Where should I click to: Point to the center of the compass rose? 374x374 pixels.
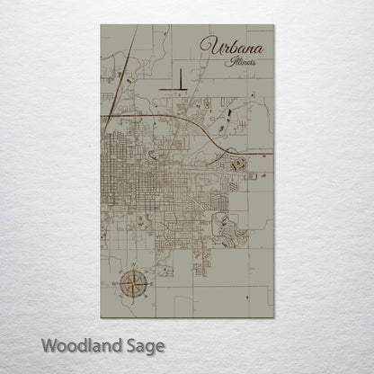tap(132, 286)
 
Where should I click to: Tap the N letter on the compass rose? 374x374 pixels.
tap(132, 271)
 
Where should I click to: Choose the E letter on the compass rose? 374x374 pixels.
tap(147, 286)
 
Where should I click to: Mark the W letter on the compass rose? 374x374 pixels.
tap(117, 286)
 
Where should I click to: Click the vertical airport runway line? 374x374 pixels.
tap(179, 79)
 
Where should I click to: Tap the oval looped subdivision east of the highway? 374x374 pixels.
tap(239, 165)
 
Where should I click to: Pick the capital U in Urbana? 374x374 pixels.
tap(210, 46)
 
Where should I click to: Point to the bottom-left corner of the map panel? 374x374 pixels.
tap(101, 317)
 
